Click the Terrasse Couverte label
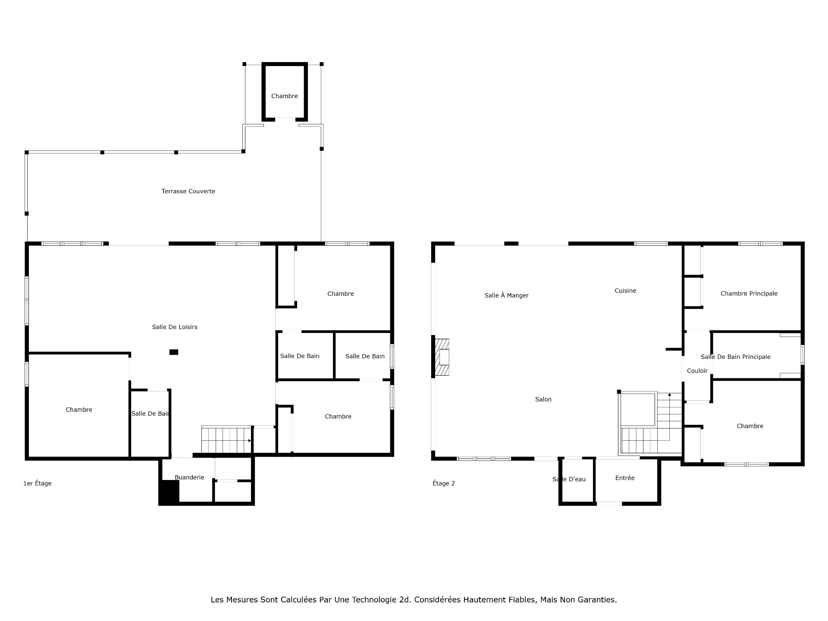pos(188,191)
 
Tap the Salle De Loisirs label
pos(175,327)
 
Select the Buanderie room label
pos(189,477)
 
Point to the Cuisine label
pos(625,291)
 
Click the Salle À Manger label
pos(506,295)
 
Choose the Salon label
pos(543,399)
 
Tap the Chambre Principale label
pos(749,294)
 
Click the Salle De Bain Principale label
pos(736,357)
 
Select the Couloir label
pos(697,371)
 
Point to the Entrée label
pos(625,478)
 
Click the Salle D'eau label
pos(569,479)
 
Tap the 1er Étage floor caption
pos(38,483)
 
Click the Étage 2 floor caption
pos(444,483)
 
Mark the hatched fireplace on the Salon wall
pos(442,358)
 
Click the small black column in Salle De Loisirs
pos(174,352)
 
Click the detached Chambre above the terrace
pos(285,92)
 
